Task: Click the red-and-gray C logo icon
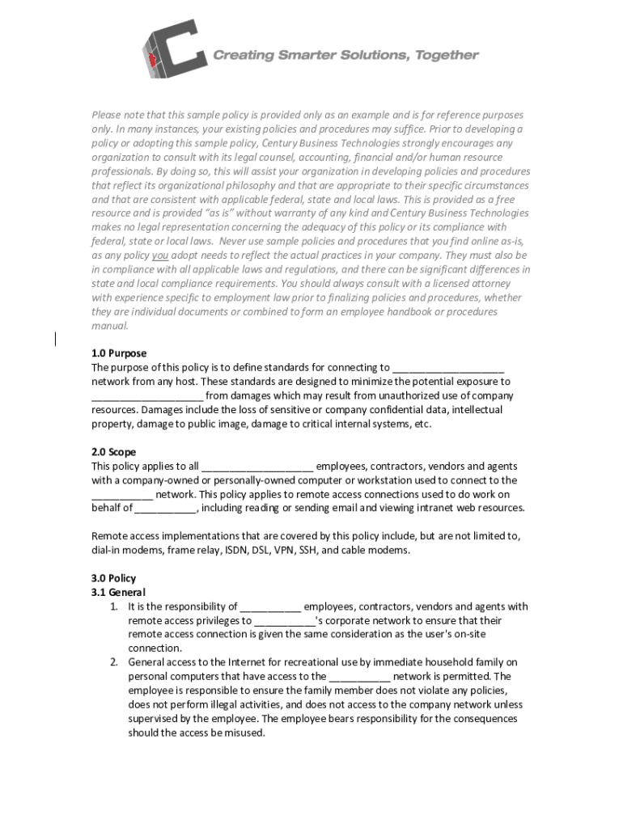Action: point(172,49)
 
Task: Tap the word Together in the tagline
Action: point(443,55)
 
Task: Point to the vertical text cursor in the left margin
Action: point(56,340)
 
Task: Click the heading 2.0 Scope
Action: point(114,452)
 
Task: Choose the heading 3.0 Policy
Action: point(114,578)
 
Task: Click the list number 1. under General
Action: point(115,606)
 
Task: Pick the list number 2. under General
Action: point(115,662)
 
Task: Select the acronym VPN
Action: point(283,551)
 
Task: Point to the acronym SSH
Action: point(311,551)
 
